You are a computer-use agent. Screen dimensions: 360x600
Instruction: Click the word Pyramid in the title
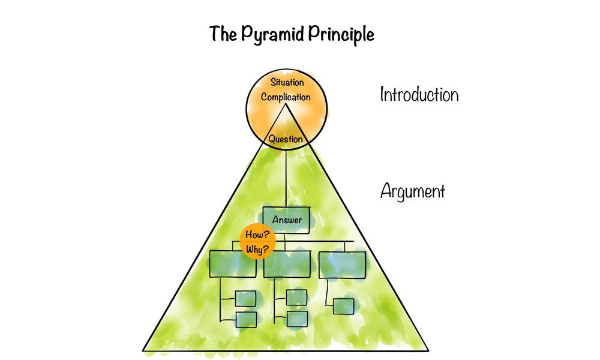pyautogui.click(x=274, y=34)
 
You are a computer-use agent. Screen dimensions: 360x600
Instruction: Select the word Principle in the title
pyautogui.click(x=341, y=34)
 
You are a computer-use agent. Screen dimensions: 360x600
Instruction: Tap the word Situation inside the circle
pyautogui.click(x=286, y=82)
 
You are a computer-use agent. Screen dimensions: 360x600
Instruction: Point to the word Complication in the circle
pyautogui.click(x=286, y=97)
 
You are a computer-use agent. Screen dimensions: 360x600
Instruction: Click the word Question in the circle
pyautogui.click(x=286, y=139)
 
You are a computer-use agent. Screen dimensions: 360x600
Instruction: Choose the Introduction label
pyautogui.click(x=419, y=95)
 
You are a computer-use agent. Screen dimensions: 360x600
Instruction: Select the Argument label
pyautogui.click(x=413, y=191)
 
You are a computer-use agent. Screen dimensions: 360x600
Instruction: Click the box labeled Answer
pyautogui.click(x=287, y=220)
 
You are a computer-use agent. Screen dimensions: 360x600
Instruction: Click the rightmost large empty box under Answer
pyautogui.click(x=341, y=264)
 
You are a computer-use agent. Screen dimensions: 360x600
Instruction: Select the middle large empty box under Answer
pyautogui.click(x=287, y=264)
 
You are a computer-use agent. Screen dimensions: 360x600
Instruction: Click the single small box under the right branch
pyautogui.click(x=343, y=306)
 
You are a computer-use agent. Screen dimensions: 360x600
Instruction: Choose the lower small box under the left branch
pyautogui.click(x=245, y=319)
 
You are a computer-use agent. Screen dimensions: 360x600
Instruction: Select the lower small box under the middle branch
pyautogui.click(x=296, y=319)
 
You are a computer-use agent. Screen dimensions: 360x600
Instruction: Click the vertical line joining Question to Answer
pyautogui.click(x=286, y=177)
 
